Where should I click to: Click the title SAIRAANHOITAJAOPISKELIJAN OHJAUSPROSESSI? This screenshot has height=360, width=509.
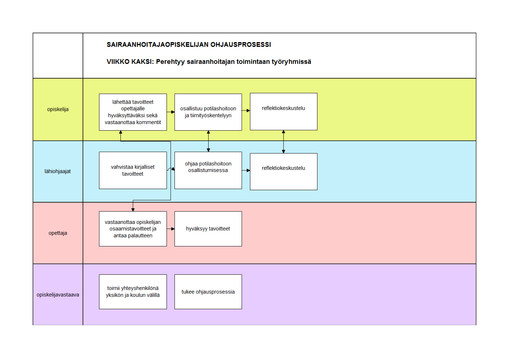click(x=189, y=45)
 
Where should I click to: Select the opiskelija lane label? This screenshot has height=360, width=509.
click(x=58, y=109)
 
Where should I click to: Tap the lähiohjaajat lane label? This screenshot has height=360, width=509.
click(x=57, y=171)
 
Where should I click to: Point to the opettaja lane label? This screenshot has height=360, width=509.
click(x=58, y=233)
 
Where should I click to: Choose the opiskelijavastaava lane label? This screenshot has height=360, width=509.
click(x=58, y=295)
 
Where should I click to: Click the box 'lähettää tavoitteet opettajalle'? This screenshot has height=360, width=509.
click(x=133, y=112)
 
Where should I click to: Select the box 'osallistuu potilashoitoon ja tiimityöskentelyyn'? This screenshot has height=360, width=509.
click(x=208, y=112)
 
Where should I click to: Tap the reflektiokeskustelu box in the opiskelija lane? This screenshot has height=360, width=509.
click(x=284, y=111)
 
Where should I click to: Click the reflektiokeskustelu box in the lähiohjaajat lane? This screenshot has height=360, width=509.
click(x=284, y=172)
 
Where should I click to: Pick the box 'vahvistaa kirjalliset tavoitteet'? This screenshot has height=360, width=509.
click(x=133, y=171)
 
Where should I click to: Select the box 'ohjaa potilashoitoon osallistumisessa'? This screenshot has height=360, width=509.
click(x=208, y=171)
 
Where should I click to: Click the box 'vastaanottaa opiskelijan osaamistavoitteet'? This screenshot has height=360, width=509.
click(x=133, y=229)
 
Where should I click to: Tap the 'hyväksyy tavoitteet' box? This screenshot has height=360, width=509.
click(x=208, y=229)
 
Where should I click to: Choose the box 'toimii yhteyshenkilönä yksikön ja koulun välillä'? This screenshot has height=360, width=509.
click(x=133, y=292)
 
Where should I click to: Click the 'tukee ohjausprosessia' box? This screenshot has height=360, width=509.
click(x=208, y=292)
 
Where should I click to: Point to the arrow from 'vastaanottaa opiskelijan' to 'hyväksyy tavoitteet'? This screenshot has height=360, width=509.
click(x=171, y=229)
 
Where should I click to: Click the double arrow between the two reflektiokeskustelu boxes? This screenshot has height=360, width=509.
click(x=283, y=142)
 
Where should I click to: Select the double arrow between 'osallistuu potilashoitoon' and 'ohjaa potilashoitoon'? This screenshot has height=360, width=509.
click(x=208, y=142)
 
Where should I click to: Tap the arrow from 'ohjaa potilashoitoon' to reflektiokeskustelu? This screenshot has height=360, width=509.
click(x=246, y=171)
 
